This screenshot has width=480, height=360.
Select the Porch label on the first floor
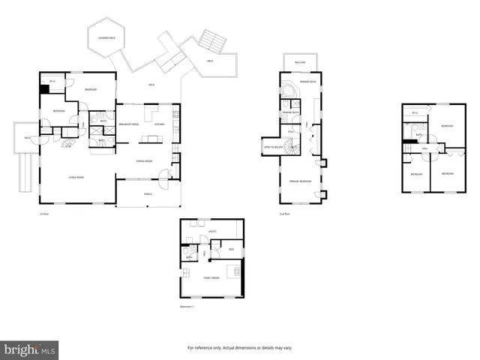click(148, 193)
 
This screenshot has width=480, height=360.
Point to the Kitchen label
click(159, 124)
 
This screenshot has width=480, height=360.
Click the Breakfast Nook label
click(130, 124)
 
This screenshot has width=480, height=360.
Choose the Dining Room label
click(144, 160)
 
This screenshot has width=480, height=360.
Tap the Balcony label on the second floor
click(300, 62)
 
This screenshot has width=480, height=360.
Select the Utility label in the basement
click(212, 232)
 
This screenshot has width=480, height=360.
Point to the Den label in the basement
click(232, 249)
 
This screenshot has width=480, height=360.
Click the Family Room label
click(211, 277)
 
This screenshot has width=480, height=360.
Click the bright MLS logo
click(29, 349)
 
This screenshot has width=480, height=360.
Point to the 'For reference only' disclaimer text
click(240, 348)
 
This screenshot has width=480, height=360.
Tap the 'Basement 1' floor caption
click(187, 307)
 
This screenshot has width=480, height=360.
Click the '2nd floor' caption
click(284, 214)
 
